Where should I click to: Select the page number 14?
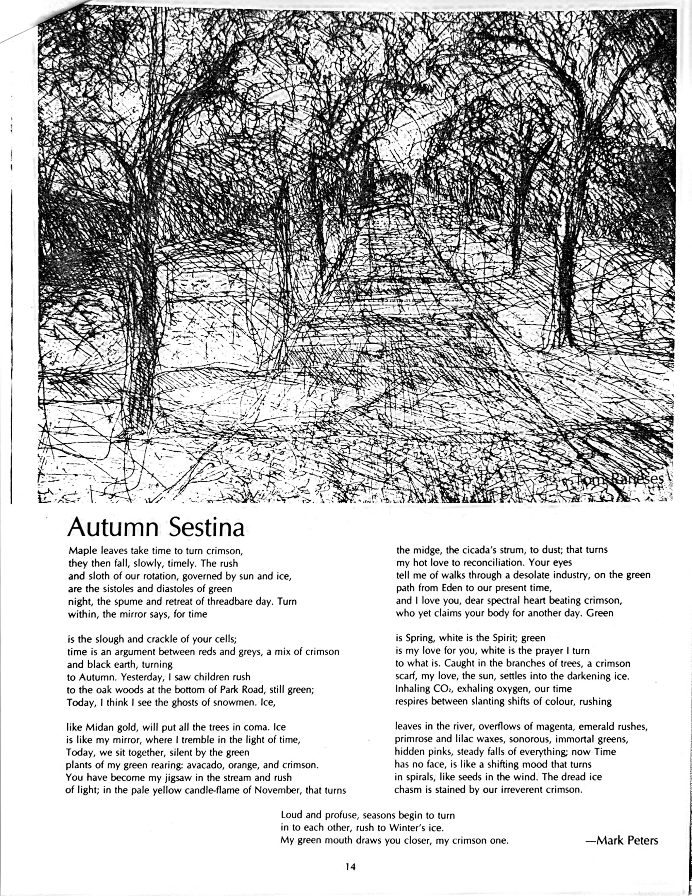[x=350, y=867]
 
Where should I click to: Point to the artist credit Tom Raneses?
[x=619, y=479]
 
